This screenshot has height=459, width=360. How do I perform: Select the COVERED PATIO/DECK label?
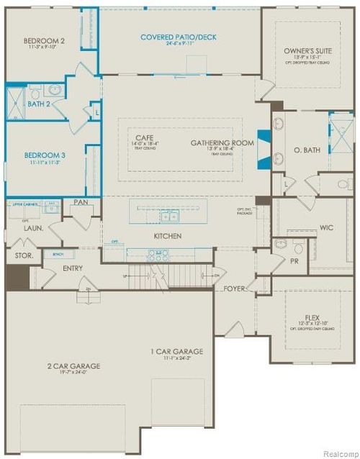pyautogui.click(x=179, y=37)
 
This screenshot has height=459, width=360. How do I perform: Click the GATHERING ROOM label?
pyautogui.click(x=222, y=143)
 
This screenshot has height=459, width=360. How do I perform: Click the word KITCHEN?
pyautogui.click(x=166, y=236)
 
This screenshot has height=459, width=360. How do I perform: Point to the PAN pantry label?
pyautogui.click(x=82, y=204)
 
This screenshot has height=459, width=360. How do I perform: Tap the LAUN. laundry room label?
pyautogui.click(x=35, y=228)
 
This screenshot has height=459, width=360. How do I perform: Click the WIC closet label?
pyautogui.click(x=326, y=228)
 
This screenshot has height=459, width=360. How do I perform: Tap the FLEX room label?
pyautogui.click(x=312, y=317)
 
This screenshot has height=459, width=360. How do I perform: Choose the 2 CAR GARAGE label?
pyautogui.click(x=74, y=366)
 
